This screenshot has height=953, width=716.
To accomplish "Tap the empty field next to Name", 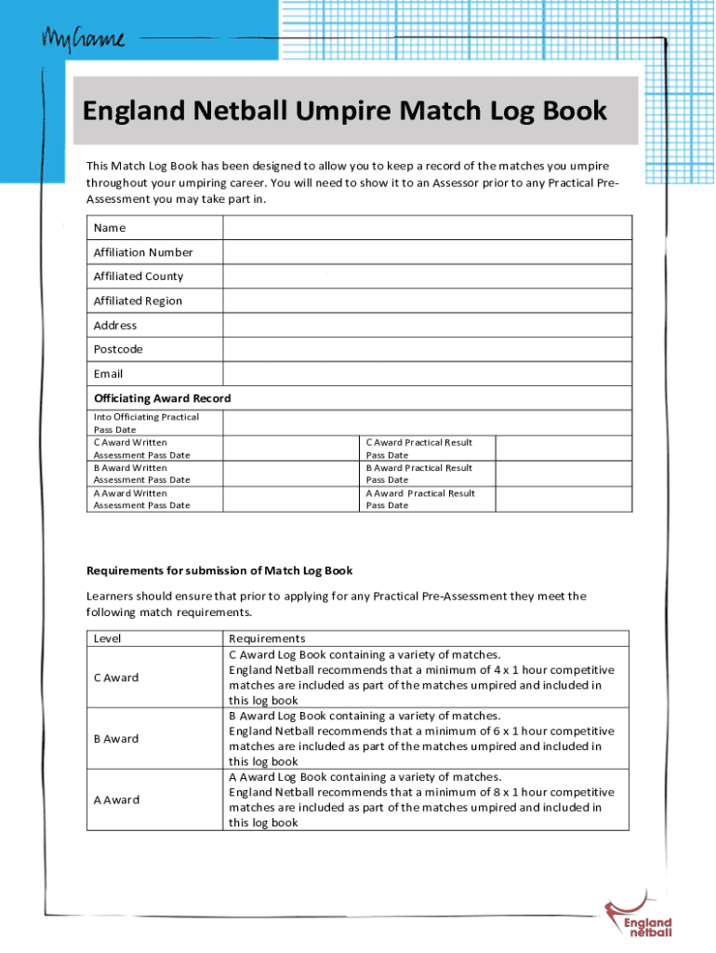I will pos(427,228).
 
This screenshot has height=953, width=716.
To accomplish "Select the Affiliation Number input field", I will pos(427,252).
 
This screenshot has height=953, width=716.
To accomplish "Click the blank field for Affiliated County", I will pos(427,276).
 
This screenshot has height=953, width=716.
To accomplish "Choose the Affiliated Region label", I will pos(138,301).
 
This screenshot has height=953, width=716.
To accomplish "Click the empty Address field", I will pos(427,325).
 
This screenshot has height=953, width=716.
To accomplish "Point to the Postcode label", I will pos(118,349).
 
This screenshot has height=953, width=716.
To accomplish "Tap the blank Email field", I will pos(427,373).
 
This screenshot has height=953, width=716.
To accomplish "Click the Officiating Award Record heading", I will pos(162,398).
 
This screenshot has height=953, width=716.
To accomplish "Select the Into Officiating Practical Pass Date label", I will pos(146,423).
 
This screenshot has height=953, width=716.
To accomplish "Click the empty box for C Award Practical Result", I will pos(564,449).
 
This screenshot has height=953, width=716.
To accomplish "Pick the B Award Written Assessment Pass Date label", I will pos(141,474).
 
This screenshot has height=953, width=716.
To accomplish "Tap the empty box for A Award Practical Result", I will pos(564,499).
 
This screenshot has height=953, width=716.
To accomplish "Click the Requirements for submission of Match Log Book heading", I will pos(219,570).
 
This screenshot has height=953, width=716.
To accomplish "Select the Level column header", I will pos(108,638).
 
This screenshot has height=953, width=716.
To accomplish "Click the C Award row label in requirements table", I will pos(116,678).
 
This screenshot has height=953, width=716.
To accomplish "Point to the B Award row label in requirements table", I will pos(116,739).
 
